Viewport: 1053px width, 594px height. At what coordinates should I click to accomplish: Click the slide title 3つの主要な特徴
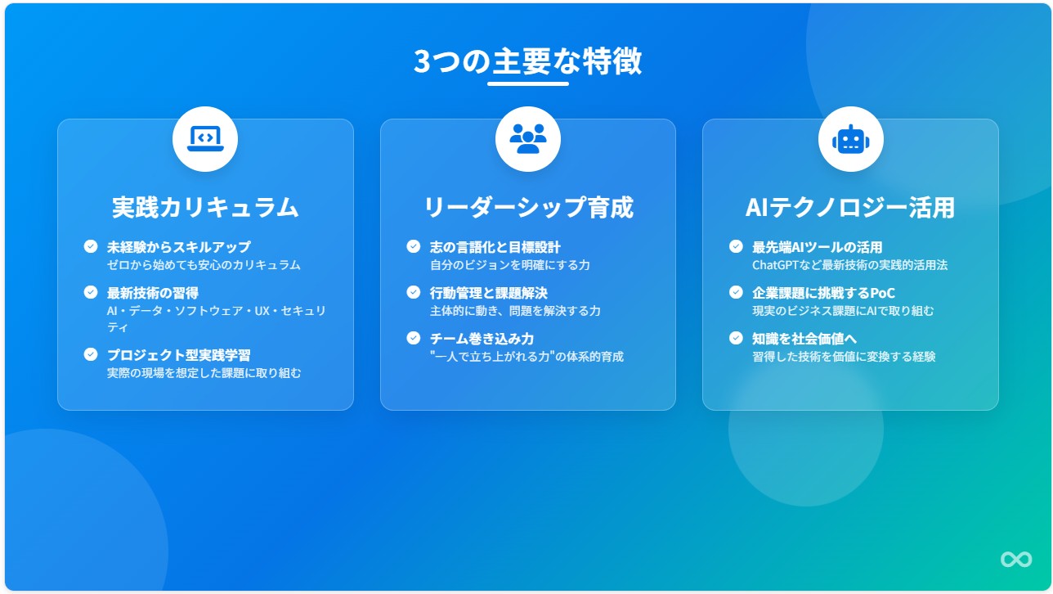[527, 61]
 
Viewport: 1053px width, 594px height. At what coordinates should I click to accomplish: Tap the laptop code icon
[205, 139]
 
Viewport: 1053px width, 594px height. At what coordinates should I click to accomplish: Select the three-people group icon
[528, 139]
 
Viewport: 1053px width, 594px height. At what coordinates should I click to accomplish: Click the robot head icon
[850, 139]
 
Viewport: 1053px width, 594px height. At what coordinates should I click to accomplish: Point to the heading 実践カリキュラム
[205, 207]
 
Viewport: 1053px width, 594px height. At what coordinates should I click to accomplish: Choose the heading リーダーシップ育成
[528, 207]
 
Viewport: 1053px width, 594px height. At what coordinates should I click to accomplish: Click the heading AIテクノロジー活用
[850, 207]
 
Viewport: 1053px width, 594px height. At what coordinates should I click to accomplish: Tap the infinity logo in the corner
[1016, 559]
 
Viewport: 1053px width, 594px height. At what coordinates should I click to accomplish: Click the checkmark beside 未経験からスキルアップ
[91, 246]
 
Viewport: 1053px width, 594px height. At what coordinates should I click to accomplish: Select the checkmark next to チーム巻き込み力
[413, 338]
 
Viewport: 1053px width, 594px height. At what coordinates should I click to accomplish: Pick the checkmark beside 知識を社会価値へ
[736, 338]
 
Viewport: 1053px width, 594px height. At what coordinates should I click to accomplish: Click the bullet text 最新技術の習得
[153, 293]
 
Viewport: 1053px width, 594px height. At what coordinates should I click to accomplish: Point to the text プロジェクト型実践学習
[178, 355]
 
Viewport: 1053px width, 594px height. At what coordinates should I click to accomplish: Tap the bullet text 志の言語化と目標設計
[495, 247]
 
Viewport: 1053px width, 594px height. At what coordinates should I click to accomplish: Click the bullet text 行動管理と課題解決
[489, 293]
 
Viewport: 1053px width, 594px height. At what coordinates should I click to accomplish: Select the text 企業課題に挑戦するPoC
[823, 293]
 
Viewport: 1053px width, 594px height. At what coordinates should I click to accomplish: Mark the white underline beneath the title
[528, 84]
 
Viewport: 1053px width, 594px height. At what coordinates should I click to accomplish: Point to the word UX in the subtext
[262, 311]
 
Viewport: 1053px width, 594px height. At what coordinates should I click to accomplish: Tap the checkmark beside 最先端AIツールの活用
[736, 246]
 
